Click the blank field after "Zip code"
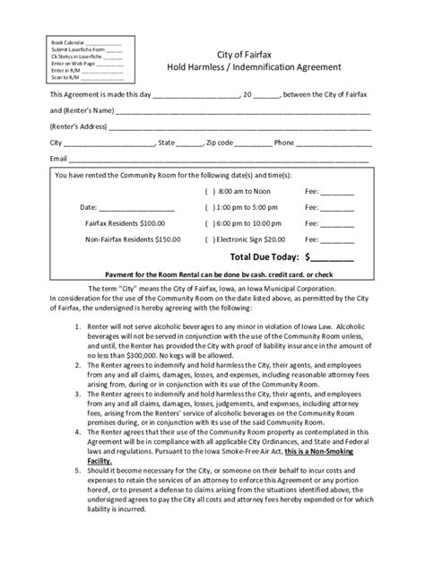point(254,142)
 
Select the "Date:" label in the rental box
point(88,206)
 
